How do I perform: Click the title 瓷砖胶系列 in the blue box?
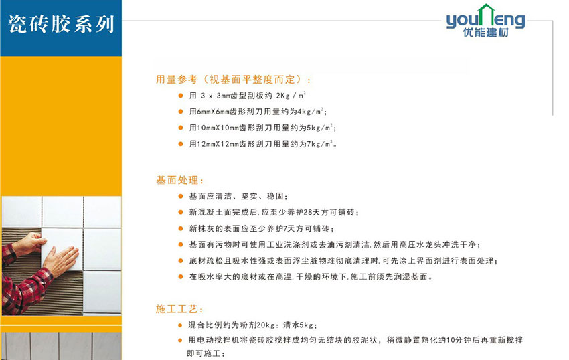click(x=61, y=24)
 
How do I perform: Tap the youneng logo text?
click(x=485, y=20)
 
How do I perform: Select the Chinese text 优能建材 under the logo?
click(x=485, y=33)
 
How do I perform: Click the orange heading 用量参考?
click(x=177, y=79)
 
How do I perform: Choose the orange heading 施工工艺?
click(x=177, y=309)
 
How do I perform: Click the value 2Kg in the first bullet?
click(x=283, y=96)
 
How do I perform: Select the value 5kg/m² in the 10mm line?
click(x=319, y=128)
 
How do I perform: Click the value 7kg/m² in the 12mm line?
click(x=319, y=144)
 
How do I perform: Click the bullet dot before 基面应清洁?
click(x=180, y=196)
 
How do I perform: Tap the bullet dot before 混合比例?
click(x=180, y=325)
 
